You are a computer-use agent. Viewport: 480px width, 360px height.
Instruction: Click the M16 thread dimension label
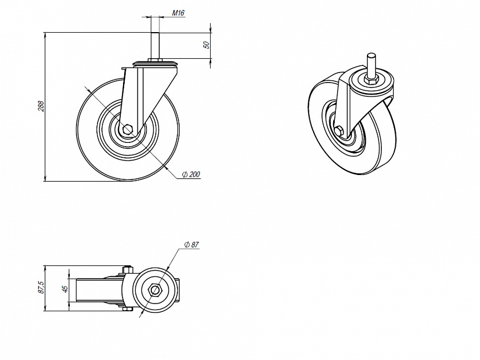[x=178, y=13]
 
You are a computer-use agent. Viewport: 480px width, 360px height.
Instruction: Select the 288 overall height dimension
[x=42, y=106]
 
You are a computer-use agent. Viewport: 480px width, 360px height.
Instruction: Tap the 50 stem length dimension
[x=207, y=45]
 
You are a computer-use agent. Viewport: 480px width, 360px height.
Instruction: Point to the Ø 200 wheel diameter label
[x=191, y=174]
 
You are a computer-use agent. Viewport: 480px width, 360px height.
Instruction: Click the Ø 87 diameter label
[x=192, y=245]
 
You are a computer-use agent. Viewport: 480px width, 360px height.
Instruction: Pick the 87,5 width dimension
[x=42, y=288]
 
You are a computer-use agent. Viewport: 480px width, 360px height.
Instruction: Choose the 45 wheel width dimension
[x=65, y=289]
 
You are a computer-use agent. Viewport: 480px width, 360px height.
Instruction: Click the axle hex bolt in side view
[x=127, y=130]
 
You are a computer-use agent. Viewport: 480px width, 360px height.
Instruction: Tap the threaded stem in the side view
[x=155, y=45]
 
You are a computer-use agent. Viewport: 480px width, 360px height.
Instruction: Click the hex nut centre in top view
[x=155, y=290]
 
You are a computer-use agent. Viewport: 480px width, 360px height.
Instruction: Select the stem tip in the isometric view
[x=371, y=56]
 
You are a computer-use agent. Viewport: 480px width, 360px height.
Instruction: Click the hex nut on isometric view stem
[x=371, y=81]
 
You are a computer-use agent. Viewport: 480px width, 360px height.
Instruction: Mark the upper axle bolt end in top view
[x=127, y=270]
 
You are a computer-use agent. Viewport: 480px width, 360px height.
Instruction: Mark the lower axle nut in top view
[x=127, y=309]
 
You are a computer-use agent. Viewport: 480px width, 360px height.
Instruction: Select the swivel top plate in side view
[x=155, y=63]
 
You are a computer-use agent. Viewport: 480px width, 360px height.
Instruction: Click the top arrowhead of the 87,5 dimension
[x=45, y=268]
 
